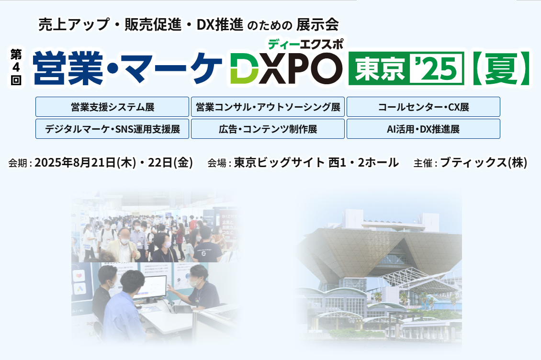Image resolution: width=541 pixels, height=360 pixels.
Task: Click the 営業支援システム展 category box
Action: coord(112,107)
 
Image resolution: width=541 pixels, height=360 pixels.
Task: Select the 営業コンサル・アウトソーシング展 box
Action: coord(268,107)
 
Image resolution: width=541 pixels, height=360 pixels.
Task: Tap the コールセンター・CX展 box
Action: coord(423,107)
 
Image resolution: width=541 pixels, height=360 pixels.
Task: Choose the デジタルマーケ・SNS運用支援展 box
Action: coord(112,129)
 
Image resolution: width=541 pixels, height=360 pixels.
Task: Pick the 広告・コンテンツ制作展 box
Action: coord(268,129)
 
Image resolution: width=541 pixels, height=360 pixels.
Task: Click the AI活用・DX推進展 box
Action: coord(423,129)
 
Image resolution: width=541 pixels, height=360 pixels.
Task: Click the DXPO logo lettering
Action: coord(286,68)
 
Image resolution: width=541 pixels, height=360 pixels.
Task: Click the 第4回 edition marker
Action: coord(16,67)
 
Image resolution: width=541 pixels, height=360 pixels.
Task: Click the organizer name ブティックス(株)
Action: coord(484,163)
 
